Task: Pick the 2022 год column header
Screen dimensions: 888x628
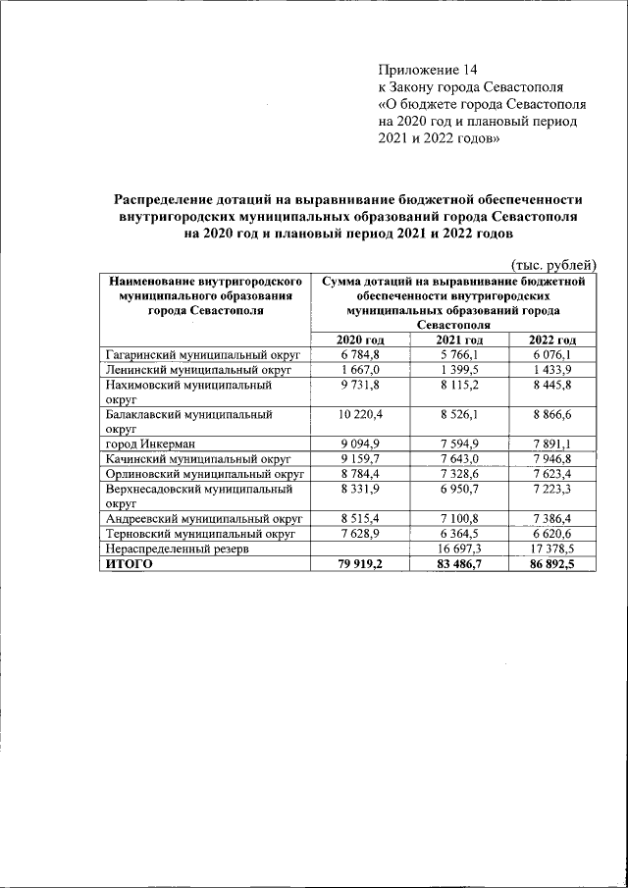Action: point(550,340)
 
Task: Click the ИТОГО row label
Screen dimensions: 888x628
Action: point(129,565)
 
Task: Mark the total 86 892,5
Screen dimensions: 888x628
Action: point(550,565)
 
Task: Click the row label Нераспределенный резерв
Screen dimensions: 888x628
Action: point(177,550)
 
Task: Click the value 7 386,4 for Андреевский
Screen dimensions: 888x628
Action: point(550,519)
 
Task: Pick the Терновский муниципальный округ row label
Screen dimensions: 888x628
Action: point(201,535)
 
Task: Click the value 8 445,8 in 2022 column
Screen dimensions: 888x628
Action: point(550,386)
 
